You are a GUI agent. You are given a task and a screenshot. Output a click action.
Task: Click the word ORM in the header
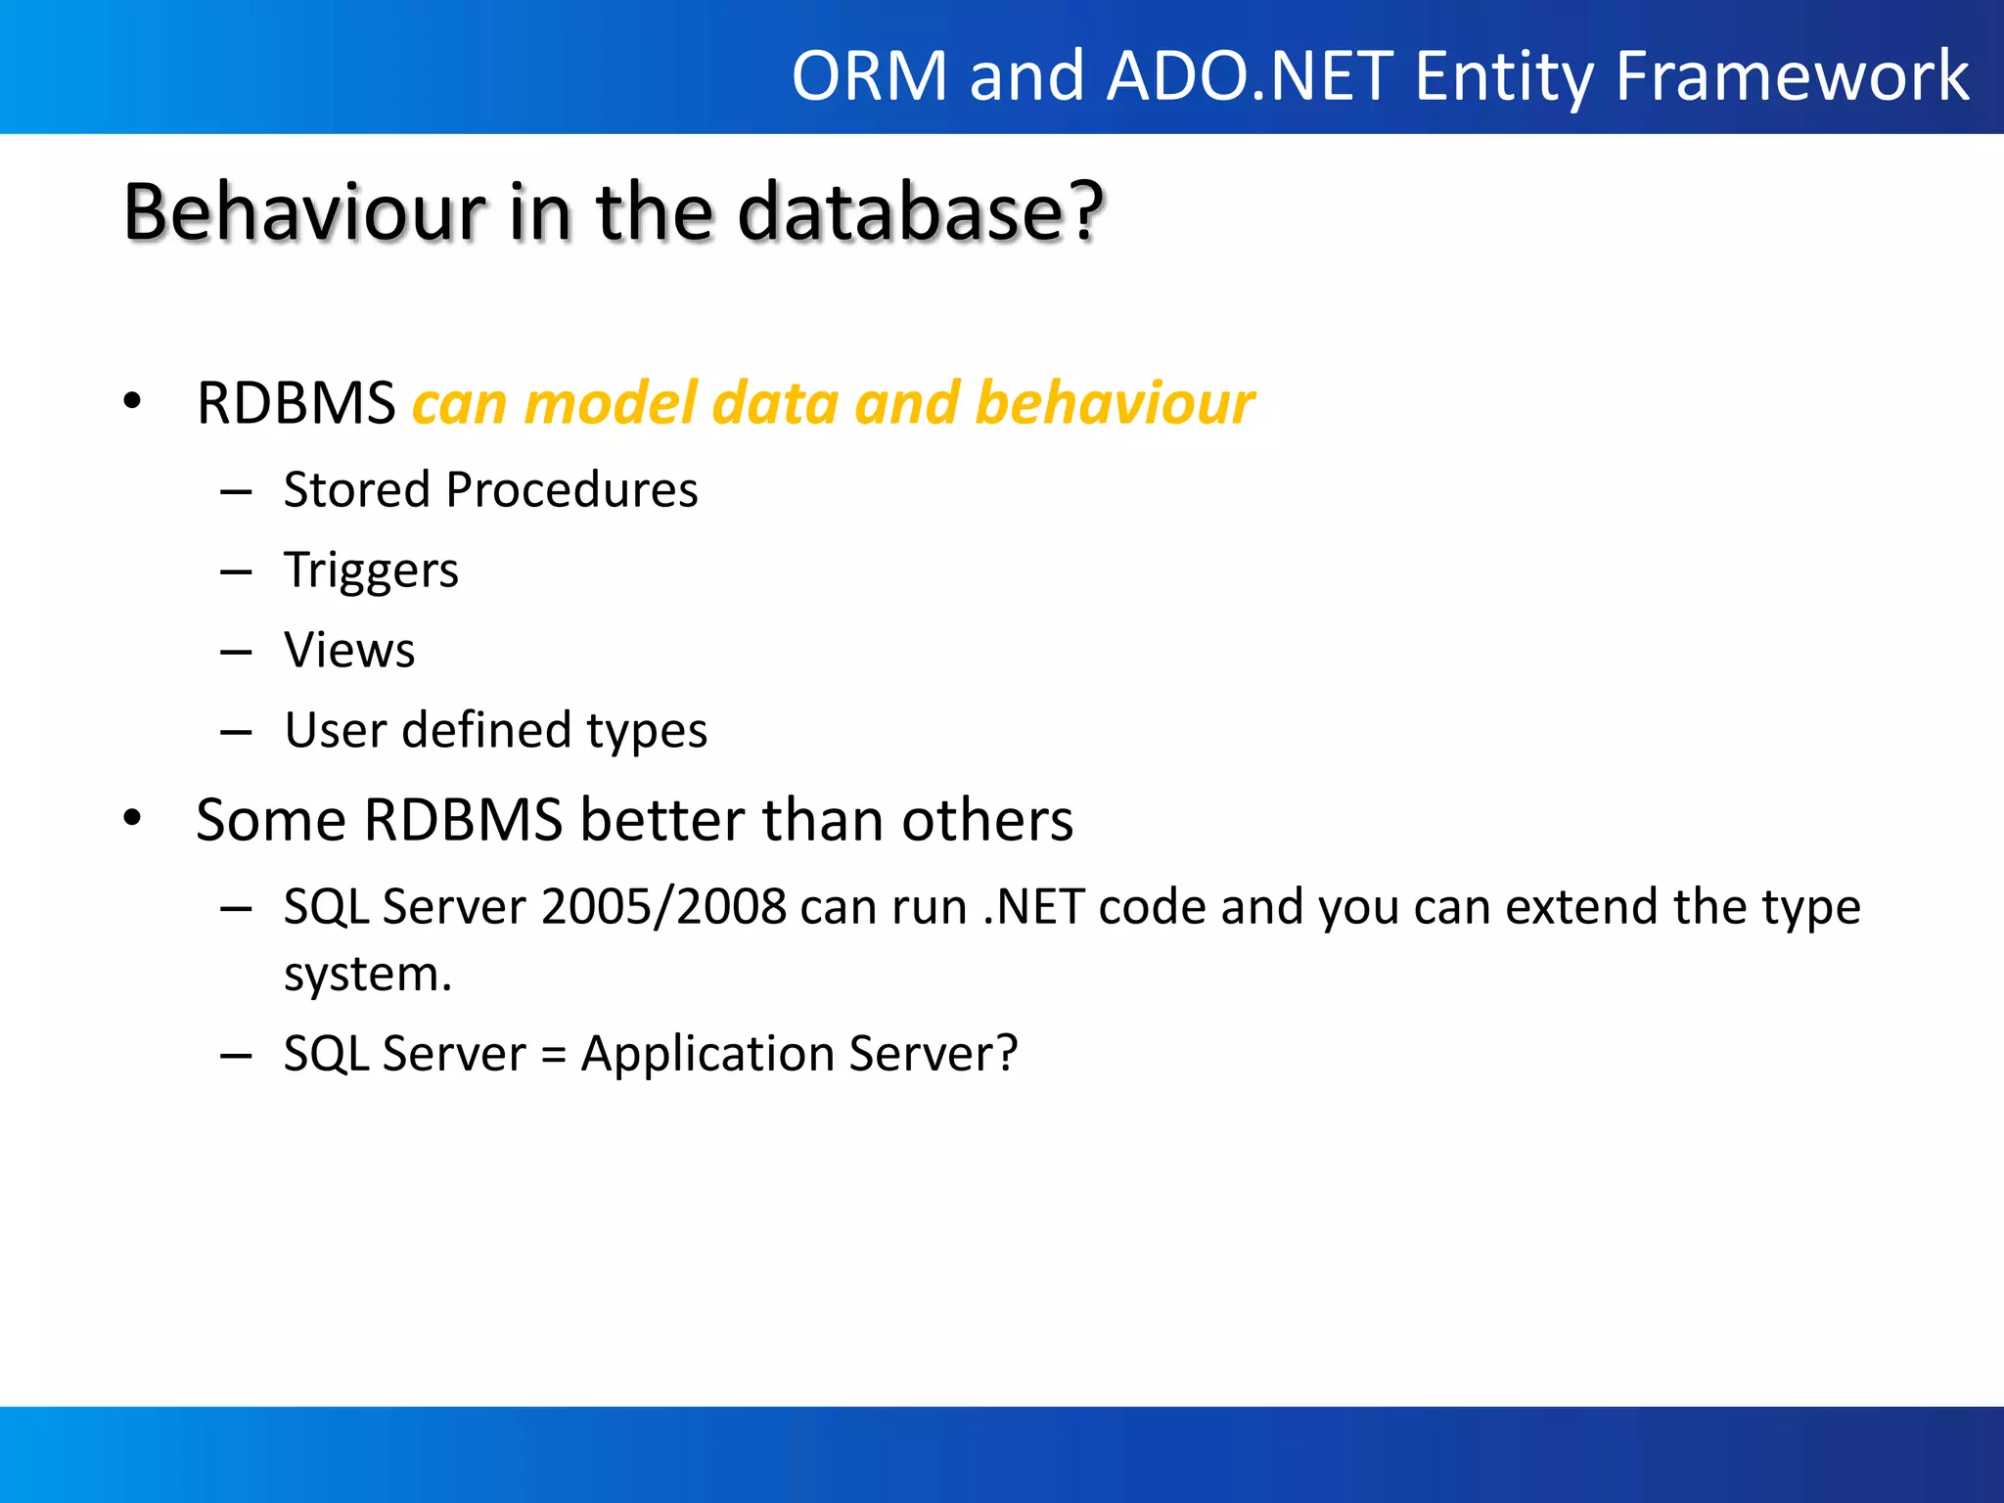coord(869,76)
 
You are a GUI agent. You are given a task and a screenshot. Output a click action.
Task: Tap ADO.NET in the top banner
coord(1250,76)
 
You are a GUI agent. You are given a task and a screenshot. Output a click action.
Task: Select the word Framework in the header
coord(1791,76)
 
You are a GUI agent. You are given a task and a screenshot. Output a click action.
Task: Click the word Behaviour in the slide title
coord(304,212)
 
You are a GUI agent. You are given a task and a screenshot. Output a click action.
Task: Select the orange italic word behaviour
coord(1115,403)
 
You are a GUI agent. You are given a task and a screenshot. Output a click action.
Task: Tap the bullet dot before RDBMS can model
coord(132,401)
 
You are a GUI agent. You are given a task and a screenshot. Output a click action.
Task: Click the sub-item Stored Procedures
coord(490,489)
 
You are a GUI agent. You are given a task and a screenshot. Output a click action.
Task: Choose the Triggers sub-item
coord(371,570)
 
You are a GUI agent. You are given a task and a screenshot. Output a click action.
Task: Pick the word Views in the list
coord(349,651)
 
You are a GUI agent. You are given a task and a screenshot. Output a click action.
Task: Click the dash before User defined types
coord(236,732)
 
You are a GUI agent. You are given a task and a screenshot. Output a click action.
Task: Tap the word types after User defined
coord(646,732)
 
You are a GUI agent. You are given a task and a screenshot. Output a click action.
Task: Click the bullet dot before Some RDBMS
coord(132,819)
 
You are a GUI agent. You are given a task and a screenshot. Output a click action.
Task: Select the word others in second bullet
coord(986,820)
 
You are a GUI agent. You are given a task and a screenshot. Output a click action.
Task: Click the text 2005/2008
coord(663,907)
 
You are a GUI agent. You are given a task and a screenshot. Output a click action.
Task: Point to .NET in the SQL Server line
coord(1033,907)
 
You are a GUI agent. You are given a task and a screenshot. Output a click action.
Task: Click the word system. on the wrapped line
coord(368,975)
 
